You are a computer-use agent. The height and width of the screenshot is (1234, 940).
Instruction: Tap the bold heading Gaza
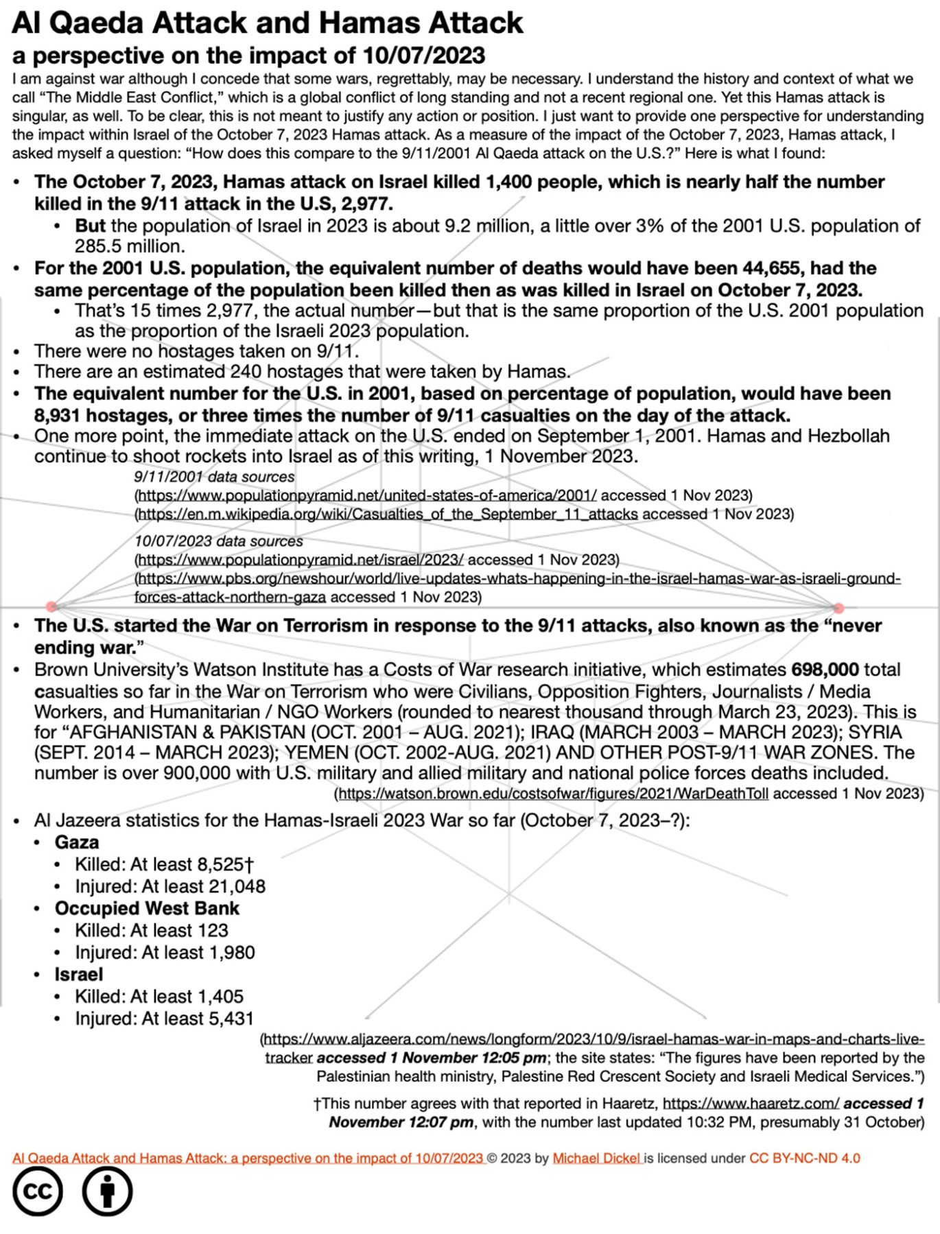click(77, 842)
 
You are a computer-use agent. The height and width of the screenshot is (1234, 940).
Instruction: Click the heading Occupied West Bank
click(147, 908)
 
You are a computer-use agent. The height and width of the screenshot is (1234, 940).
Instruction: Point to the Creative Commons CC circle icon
click(38, 1192)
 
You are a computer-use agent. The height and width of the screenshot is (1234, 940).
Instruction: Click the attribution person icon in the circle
click(107, 1192)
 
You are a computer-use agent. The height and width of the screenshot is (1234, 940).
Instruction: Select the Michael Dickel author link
click(596, 1158)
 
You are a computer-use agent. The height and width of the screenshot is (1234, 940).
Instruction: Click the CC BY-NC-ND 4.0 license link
click(804, 1158)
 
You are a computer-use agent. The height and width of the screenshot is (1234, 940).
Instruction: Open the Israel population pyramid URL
click(301, 560)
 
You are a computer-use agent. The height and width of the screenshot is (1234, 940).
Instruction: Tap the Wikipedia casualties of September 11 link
click(388, 514)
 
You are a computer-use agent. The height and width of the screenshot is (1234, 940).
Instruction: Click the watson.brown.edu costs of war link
click(553, 794)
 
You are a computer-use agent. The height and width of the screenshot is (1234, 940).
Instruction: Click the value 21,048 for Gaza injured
click(237, 886)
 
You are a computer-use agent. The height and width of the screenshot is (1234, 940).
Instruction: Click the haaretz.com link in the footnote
click(751, 1104)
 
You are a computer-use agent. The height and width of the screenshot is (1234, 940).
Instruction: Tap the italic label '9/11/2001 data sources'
click(214, 477)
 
